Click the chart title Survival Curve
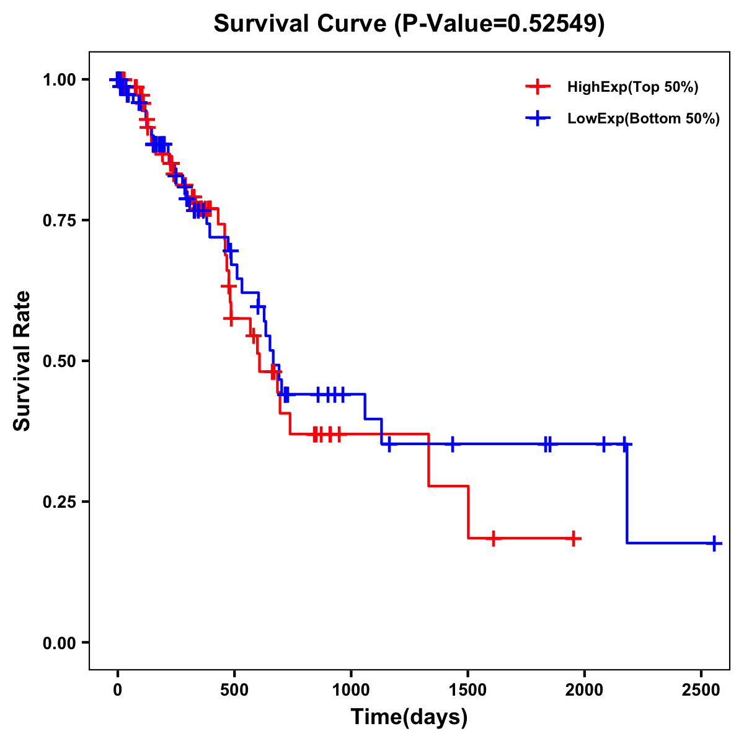pos(301,24)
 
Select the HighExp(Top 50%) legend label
pos(632,87)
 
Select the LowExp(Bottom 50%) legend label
pos(644,118)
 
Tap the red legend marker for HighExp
pos(538,87)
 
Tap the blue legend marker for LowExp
pos(538,118)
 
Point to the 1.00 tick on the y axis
pos(59,79)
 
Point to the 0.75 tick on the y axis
pos(59,220)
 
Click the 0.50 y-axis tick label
pos(59,361)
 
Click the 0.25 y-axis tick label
pos(59,502)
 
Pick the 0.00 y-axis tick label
pos(59,642)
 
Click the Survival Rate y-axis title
pos(22,361)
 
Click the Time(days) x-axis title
pos(409,717)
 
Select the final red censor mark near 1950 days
pos(574,538)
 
